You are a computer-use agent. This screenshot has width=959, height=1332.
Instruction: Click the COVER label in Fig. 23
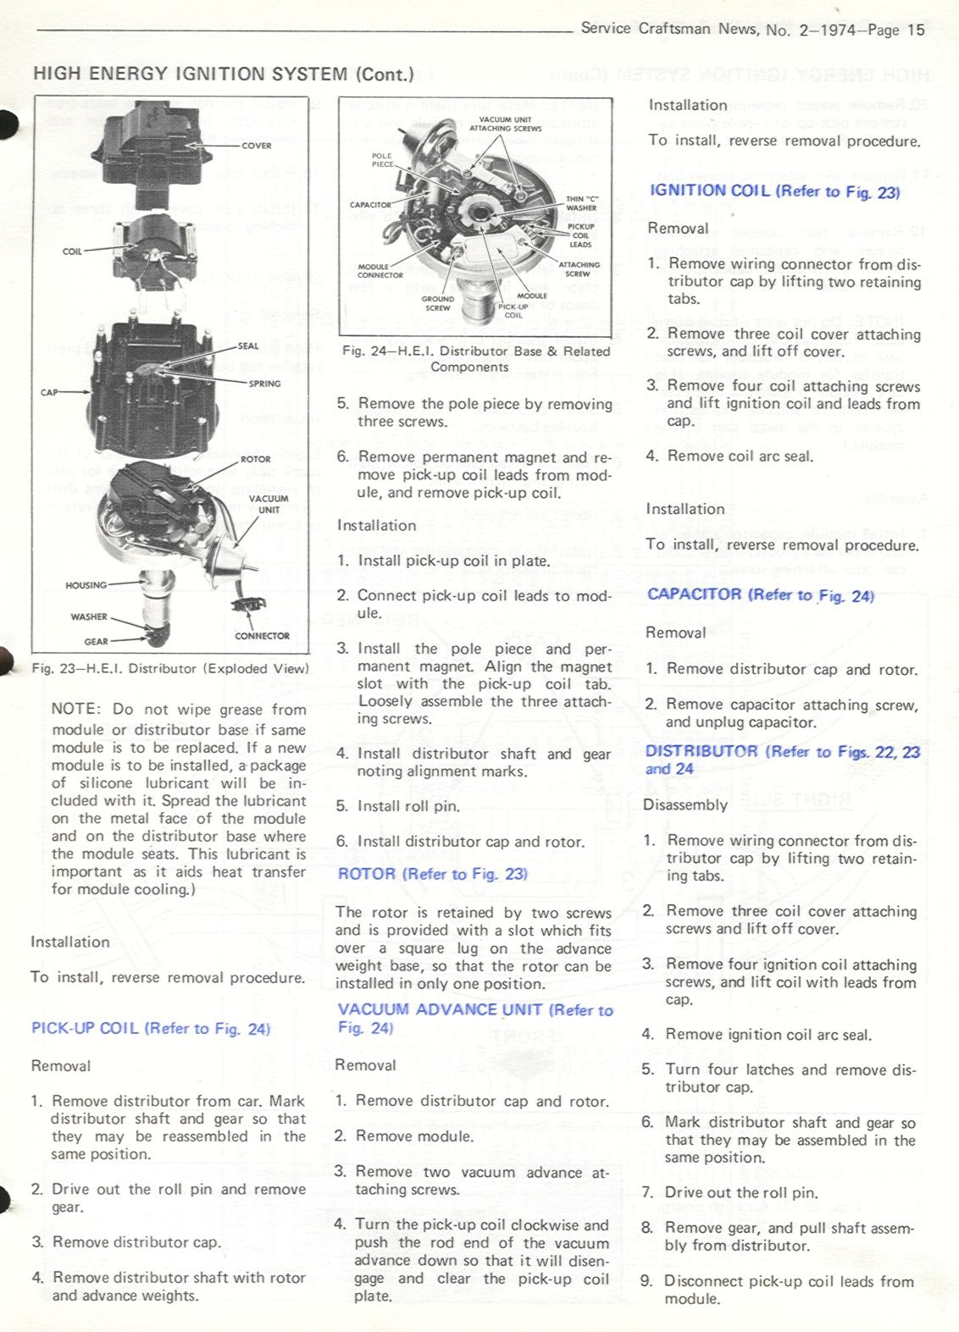257,146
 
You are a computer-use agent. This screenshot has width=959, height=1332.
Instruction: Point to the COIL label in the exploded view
72,251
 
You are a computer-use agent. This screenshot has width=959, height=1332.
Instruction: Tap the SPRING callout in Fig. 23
264,384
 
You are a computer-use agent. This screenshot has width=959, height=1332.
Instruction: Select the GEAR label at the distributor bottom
96,642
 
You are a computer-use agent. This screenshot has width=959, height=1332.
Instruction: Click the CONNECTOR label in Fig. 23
262,636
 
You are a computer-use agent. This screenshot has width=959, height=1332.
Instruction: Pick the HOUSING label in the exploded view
86,585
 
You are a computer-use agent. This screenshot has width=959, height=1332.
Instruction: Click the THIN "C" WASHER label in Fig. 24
581,203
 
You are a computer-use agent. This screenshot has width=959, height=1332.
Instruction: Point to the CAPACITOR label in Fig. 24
370,205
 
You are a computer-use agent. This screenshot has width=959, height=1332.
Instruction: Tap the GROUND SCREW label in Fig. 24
438,303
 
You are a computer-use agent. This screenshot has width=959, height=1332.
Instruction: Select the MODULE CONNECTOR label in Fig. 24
380,271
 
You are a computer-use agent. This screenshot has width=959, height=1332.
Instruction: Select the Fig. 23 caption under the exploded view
170,668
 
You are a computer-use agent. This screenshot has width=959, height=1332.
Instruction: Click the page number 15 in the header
916,30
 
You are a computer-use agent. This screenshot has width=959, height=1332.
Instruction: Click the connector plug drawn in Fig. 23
249,605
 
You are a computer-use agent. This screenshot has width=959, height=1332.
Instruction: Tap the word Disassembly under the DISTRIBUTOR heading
685,804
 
